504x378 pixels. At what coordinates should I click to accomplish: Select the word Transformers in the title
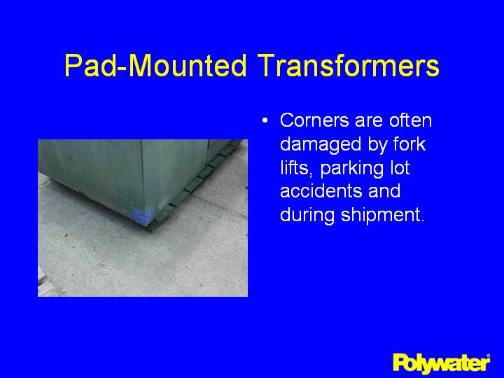pos(348,66)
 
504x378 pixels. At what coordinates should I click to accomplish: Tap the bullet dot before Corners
pos(265,121)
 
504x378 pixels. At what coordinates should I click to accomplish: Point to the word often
pos(410,120)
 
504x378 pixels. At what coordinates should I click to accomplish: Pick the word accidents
pos(321,191)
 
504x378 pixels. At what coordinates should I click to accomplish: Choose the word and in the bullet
pos(385,191)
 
